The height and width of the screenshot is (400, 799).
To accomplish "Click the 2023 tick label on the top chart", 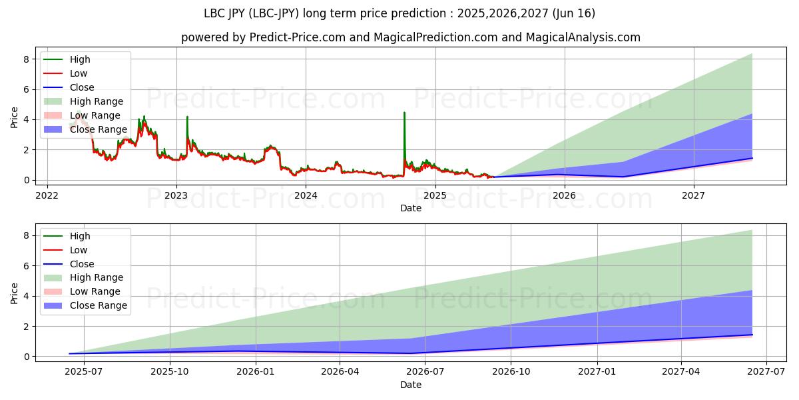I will [x=176, y=195].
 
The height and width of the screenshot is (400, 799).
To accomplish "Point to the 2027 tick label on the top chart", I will [x=694, y=195].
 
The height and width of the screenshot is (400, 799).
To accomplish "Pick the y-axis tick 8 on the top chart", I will [x=25, y=59].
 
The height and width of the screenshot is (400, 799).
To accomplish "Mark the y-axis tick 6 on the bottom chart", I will [x=25, y=266].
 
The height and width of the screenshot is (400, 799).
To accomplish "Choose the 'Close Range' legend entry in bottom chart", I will [x=99, y=305].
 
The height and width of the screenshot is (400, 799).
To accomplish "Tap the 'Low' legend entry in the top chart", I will [x=79, y=73].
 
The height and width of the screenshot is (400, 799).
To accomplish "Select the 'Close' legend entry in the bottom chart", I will [x=82, y=264].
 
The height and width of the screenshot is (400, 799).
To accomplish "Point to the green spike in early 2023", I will [x=187, y=118].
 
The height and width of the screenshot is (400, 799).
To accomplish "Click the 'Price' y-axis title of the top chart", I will [x=15, y=118].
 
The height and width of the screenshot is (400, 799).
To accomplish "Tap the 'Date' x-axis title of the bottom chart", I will [x=411, y=385].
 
